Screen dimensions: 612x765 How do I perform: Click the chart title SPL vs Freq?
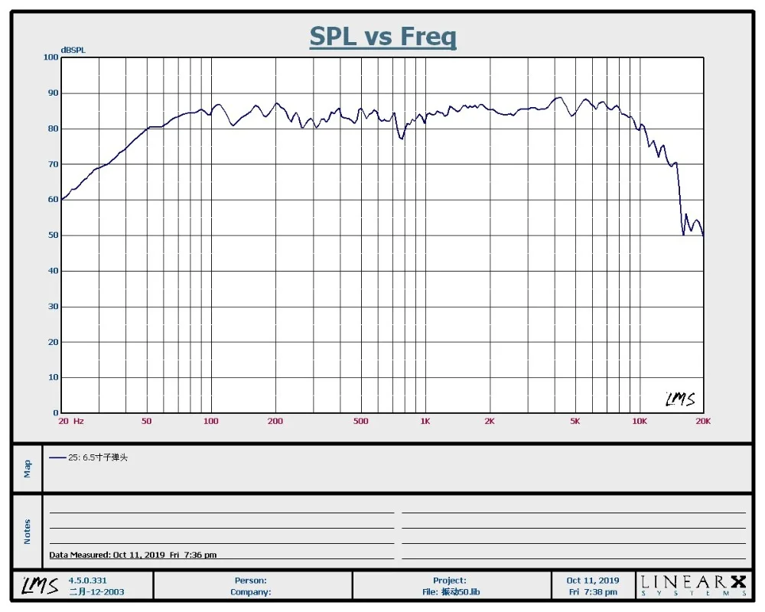pyautogui.click(x=382, y=36)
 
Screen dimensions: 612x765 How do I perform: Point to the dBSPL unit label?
pyautogui.click(x=73, y=50)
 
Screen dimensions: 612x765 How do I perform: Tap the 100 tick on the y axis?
pyautogui.click(x=50, y=57)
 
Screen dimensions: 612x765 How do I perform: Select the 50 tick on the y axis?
pyautogui.click(x=53, y=236)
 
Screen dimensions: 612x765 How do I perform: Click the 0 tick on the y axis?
pyautogui.click(x=55, y=413)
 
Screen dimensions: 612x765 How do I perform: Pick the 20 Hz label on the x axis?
pyautogui.click(x=70, y=422)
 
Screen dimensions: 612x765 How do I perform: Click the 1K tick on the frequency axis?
pyautogui.click(x=425, y=422)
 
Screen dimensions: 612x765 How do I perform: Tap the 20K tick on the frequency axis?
pyautogui.click(x=702, y=422)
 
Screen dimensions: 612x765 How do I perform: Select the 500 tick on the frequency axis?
pyautogui.click(x=361, y=422)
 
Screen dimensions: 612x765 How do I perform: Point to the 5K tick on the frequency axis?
pyautogui.click(x=575, y=422)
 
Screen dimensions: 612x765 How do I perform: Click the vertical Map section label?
pyautogui.click(x=28, y=468)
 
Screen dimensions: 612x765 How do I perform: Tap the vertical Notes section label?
pyautogui.click(x=28, y=532)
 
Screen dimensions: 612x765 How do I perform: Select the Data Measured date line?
pyautogui.click(x=132, y=555)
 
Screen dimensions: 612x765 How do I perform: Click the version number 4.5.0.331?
pyautogui.click(x=88, y=581)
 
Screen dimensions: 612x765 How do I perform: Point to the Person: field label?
pyautogui.click(x=251, y=581)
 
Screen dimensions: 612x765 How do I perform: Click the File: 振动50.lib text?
pyautogui.click(x=450, y=592)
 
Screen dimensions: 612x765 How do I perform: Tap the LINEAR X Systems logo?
pyautogui.click(x=694, y=585)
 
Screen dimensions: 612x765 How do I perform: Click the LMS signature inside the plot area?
pyautogui.click(x=679, y=399)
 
